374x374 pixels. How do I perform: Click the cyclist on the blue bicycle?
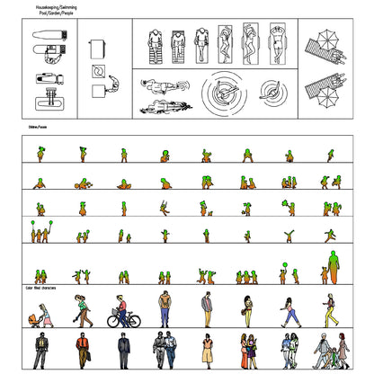click(122, 310)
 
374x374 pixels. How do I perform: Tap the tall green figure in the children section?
click(333, 266)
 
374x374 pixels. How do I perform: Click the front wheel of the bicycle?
click(134, 319)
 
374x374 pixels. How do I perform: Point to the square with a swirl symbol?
click(97, 71)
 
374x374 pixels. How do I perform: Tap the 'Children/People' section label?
click(37, 128)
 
